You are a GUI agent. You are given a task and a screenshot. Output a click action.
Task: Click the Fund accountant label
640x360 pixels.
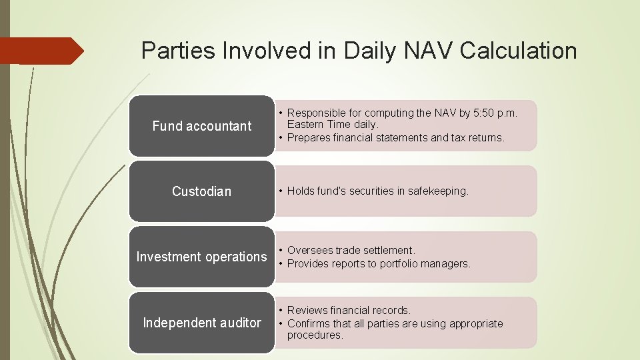pos(201,126)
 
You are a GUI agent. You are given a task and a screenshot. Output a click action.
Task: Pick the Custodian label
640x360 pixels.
pos(201,191)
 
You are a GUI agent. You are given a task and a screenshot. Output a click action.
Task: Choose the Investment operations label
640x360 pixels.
pos(201,257)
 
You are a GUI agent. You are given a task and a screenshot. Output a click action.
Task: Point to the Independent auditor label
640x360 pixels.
pos(202,323)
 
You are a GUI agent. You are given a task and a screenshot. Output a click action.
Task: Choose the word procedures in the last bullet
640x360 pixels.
pos(315,335)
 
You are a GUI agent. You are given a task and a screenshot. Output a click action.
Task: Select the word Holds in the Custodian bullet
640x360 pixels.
pos(301,191)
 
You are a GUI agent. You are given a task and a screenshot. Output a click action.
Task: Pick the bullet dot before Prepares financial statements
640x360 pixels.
pos(282,138)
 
